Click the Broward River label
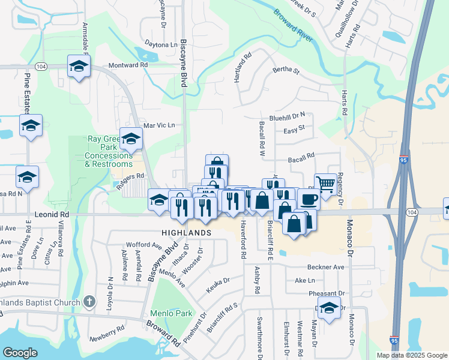point(294,28)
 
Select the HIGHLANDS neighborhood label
point(186,232)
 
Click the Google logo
point(20,352)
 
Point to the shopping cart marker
point(325,185)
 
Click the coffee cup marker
point(309,199)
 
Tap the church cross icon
point(89,301)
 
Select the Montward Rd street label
point(128,65)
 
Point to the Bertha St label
point(286,70)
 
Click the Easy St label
point(294,128)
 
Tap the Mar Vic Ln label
point(159,125)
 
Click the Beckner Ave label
point(325,266)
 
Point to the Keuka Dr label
point(218,281)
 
